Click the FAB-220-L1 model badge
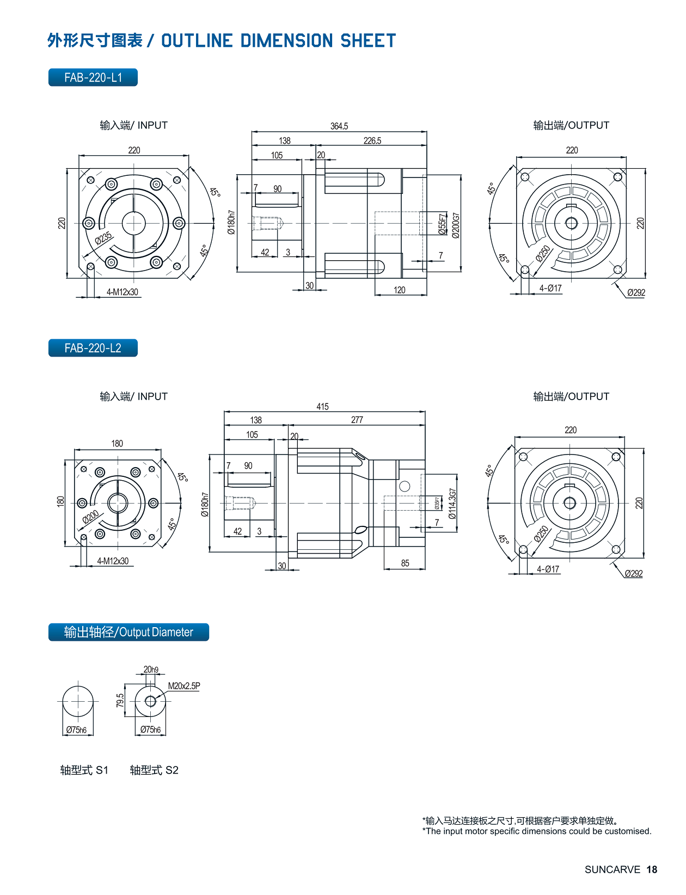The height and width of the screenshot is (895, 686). [93, 77]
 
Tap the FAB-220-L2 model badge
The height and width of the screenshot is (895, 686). [93, 348]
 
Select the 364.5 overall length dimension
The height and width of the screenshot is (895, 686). [339, 126]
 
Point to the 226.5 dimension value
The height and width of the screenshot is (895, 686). [372, 140]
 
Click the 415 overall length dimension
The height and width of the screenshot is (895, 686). [322, 407]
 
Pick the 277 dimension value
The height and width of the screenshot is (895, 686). [357, 420]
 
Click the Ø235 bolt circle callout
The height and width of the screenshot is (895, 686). [103, 238]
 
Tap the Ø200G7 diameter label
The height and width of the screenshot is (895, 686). [456, 225]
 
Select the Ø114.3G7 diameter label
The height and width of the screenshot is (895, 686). [452, 504]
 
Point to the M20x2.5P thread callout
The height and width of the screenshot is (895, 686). [183, 686]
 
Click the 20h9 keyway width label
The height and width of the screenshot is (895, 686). [151, 670]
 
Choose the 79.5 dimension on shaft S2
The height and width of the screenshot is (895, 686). [120, 700]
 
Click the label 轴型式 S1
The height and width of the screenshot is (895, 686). [84, 770]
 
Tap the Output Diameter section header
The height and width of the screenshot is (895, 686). [128, 632]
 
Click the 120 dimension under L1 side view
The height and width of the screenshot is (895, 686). [400, 290]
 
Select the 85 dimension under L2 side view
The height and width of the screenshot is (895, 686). [405, 563]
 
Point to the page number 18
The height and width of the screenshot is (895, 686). [652, 869]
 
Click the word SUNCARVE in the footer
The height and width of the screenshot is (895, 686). [612, 869]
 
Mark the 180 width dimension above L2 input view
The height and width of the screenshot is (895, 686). [117, 444]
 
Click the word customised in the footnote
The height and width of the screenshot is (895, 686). [630, 831]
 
